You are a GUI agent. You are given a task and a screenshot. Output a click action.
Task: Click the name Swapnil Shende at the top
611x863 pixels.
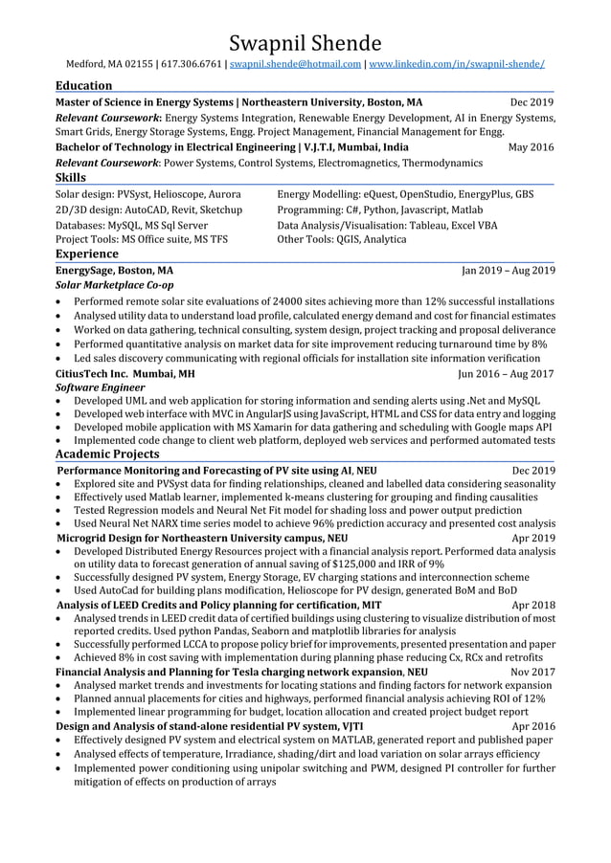pyautogui.click(x=305, y=42)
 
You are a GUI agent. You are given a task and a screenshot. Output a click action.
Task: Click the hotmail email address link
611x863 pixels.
pyautogui.click(x=296, y=64)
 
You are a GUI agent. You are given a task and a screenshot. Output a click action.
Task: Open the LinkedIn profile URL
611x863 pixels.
pyautogui.click(x=457, y=64)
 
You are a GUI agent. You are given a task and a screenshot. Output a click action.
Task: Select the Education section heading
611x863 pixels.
pyautogui.click(x=83, y=85)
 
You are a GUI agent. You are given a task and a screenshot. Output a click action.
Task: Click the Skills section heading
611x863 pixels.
pyautogui.click(x=71, y=177)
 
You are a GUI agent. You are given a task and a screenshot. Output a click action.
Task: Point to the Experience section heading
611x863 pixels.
pyautogui.click(x=87, y=254)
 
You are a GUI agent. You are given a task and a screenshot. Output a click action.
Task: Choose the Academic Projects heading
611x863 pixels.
pyautogui.click(x=107, y=454)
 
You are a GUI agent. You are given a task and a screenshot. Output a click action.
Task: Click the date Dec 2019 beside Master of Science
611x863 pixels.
pyautogui.click(x=532, y=101)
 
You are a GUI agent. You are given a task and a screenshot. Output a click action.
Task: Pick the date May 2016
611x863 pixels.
pyautogui.click(x=531, y=147)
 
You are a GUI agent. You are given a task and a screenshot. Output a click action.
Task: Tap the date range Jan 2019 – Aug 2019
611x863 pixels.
pyautogui.click(x=508, y=270)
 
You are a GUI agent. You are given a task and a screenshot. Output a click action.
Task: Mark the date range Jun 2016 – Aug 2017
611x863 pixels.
pyautogui.click(x=507, y=373)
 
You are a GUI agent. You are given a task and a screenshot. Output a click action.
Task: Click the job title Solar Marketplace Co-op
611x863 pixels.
pyautogui.click(x=115, y=285)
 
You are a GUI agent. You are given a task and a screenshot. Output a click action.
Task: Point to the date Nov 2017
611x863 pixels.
pyautogui.click(x=532, y=672)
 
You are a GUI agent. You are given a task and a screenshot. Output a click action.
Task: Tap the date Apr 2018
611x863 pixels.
pyautogui.click(x=533, y=605)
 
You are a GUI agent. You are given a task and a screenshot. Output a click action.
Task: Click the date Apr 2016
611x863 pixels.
pyautogui.click(x=533, y=726)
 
